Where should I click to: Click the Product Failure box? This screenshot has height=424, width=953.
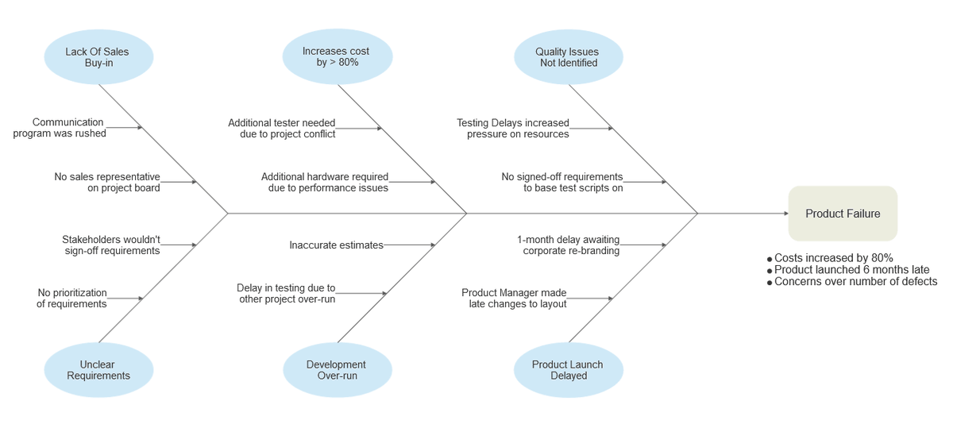coord(843,214)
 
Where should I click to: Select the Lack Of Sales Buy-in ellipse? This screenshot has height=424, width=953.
coord(98,57)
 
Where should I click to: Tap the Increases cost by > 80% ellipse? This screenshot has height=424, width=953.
coord(338,56)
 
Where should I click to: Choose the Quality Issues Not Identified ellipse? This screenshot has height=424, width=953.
coord(569,57)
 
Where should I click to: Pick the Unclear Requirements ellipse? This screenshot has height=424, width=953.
coord(98,370)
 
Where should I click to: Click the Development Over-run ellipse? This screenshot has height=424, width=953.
coord(338,370)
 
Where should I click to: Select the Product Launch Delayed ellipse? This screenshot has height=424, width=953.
coord(569,370)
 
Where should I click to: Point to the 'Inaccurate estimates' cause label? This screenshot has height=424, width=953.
coord(336,245)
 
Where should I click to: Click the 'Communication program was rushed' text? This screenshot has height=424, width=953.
coord(60,128)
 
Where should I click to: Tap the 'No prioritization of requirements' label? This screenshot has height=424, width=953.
coord(71,299)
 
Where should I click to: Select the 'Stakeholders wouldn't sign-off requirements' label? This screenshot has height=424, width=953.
coord(111,245)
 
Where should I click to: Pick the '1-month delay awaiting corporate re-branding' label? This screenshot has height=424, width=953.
coord(569,245)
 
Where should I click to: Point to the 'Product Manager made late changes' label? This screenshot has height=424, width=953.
coord(514,299)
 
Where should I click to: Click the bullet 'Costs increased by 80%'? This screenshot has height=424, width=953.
coord(830,258)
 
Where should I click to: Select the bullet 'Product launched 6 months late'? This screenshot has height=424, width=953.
coord(848,270)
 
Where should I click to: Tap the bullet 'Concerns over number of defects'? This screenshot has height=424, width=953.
coord(852,282)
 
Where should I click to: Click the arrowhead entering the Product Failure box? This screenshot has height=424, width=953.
coord(786,214)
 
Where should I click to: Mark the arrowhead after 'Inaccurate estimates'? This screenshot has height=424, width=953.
coord(433,245)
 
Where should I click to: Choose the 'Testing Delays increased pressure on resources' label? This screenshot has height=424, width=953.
coord(513,129)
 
